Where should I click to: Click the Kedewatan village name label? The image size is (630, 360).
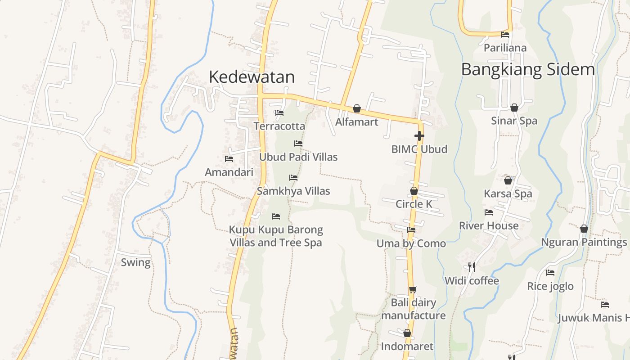[252, 77]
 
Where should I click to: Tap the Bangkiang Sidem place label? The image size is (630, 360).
[528, 70]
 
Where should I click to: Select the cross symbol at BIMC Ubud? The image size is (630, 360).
[419, 135]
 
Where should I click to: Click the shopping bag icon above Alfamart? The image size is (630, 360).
[357, 108]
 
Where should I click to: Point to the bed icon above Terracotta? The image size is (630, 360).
[279, 113]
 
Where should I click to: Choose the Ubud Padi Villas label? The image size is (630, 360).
[298, 157]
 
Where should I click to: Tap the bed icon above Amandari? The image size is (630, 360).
[229, 159]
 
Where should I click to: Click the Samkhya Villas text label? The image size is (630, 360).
[293, 191]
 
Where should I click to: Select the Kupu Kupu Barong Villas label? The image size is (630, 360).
[276, 236]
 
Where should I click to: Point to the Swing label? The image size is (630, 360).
[135, 262]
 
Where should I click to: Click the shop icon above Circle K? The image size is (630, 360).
[414, 191]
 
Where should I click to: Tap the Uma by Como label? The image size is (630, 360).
[411, 243]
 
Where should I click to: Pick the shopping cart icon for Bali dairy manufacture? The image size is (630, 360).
[413, 289]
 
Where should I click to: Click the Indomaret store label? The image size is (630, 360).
[407, 346]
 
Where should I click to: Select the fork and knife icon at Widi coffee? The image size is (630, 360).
[472, 267]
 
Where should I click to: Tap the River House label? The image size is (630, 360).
[488, 225]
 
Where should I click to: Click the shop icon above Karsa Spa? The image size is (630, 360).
[508, 180]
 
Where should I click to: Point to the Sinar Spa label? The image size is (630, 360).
[514, 121]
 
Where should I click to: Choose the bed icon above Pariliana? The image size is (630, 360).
[505, 34]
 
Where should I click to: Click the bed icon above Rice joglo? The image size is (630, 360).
[550, 273]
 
